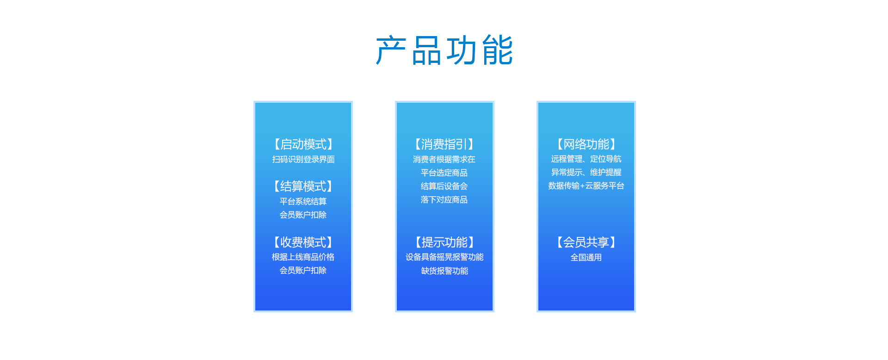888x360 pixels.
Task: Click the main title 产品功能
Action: pyautogui.click(x=444, y=50)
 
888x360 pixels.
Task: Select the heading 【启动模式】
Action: pyautogui.click(x=303, y=144)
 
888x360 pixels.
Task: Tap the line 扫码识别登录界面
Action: pyautogui.click(x=303, y=159)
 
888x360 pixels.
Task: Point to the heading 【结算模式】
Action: pyautogui.click(x=303, y=186)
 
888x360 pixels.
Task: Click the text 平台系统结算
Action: pyautogui.click(x=303, y=201)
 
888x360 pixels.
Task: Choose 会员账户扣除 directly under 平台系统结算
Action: pyautogui.click(x=303, y=215)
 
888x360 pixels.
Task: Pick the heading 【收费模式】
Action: pyautogui.click(x=303, y=242)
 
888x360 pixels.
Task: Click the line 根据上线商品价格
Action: pyautogui.click(x=303, y=257)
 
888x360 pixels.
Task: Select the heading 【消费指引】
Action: pyautogui.click(x=444, y=144)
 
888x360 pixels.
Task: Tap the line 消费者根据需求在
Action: pyautogui.click(x=444, y=159)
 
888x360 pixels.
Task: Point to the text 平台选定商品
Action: pyautogui.click(x=444, y=173)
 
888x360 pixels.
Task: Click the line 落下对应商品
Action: pyautogui.click(x=444, y=199)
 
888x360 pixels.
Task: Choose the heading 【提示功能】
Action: pyautogui.click(x=444, y=242)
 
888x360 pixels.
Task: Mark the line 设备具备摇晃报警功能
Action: pyautogui.click(x=444, y=257)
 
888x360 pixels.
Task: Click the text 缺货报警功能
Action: pyautogui.click(x=444, y=271)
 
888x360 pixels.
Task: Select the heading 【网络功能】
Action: pyautogui.click(x=586, y=144)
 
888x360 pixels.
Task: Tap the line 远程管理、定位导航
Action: pyautogui.click(x=586, y=159)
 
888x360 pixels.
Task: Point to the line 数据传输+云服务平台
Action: pyautogui.click(x=586, y=186)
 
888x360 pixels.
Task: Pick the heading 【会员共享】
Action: pyautogui.click(x=586, y=242)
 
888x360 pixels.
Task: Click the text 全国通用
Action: pyautogui.click(x=586, y=257)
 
